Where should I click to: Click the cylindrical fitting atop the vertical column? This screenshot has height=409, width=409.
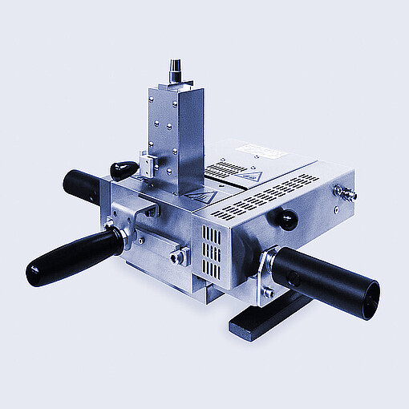[176, 71]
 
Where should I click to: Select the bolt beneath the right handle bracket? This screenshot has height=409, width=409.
[269, 294]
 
